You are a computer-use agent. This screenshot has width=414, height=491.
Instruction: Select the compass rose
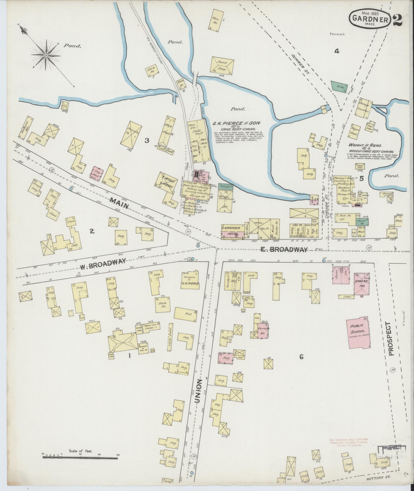coord(46,55)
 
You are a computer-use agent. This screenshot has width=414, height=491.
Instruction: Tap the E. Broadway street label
coord(284,249)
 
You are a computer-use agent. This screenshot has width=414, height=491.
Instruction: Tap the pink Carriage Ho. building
coord(262,329)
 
